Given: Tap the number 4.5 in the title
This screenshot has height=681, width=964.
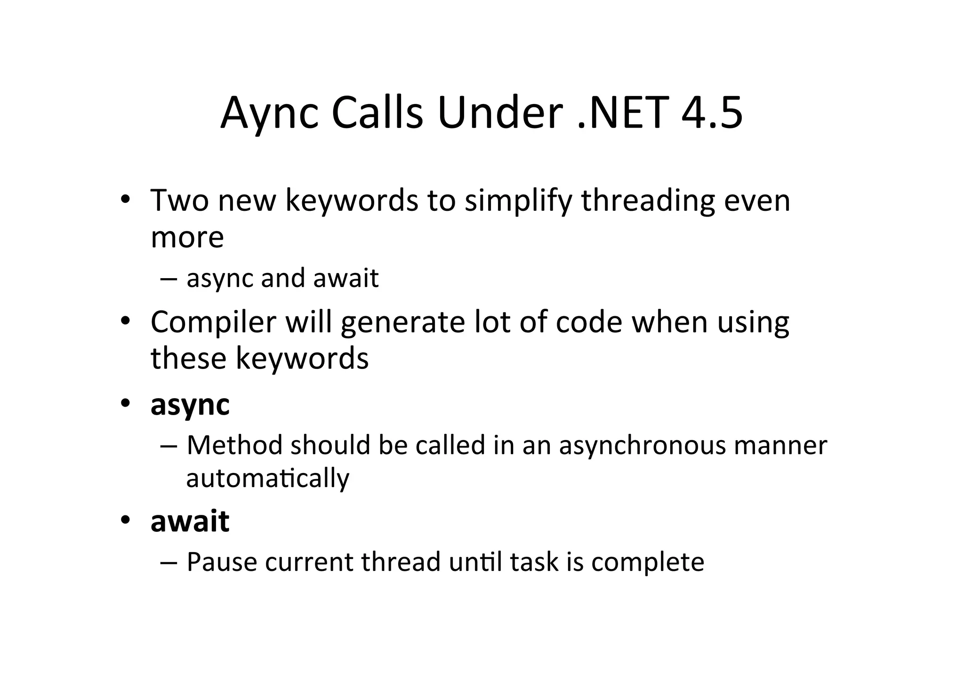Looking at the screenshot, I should [712, 113].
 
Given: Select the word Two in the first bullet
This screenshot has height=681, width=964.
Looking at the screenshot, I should [179, 200].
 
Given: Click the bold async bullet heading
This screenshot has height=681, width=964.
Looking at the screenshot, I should [190, 405].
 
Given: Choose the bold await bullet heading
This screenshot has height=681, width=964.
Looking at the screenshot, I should [190, 521].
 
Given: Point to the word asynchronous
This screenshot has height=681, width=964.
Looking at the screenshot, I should [643, 446].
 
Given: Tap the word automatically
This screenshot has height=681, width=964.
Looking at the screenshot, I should [268, 479].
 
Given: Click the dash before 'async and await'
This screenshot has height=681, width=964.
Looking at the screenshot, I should [168, 278].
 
